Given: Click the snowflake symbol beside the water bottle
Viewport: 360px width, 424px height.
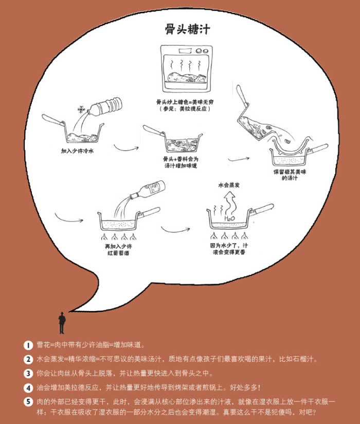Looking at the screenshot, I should click(80, 109).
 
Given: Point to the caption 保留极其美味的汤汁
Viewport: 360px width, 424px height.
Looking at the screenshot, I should click(293, 175).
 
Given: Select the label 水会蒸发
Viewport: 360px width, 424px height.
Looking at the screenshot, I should click(229, 184).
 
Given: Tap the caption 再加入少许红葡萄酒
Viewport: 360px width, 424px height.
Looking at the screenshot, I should click(119, 250).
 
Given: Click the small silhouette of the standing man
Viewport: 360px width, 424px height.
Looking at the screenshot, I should click(62, 323).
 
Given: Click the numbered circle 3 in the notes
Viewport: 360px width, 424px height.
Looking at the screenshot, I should click(28, 373).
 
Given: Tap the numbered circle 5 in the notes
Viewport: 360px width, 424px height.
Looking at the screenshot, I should click(28, 401).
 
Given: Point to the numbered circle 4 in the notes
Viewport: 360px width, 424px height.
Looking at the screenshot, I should click(28, 388).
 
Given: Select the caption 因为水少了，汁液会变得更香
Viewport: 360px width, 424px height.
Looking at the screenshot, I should click(229, 249).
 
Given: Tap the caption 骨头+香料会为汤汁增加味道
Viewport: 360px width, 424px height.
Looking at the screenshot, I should click(181, 162).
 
